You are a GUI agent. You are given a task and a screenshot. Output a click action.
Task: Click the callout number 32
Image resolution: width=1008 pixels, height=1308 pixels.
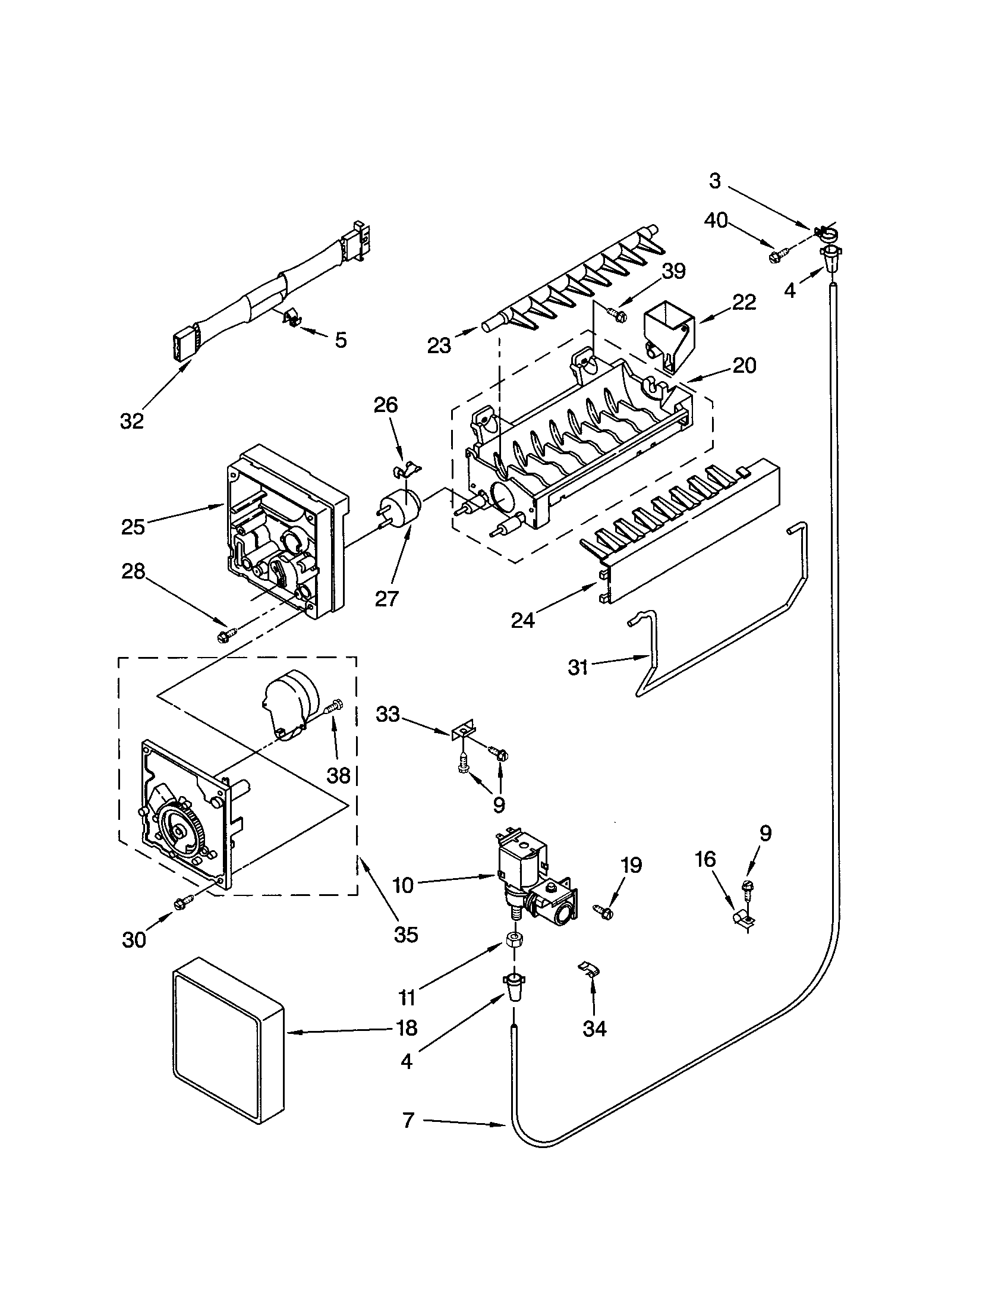[x=132, y=422]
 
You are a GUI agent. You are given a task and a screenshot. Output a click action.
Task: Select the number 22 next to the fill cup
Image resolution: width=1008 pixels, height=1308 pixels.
[x=744, y=302]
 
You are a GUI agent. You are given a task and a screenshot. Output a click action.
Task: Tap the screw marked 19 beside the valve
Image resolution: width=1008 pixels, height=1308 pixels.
[x=603, y=911]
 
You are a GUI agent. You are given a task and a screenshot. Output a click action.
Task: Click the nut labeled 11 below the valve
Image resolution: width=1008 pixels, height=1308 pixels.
[x=513, y=939]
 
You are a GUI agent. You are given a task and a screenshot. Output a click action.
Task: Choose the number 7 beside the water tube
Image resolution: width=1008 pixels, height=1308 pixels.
[x=408, y=1121]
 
